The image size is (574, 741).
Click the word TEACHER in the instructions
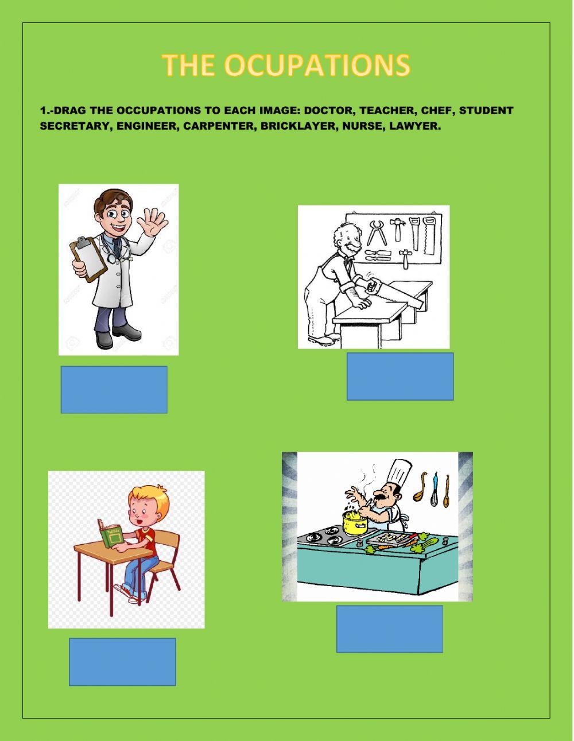click(x=387, y=110)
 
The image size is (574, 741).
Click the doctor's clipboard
click(x=88, y=259)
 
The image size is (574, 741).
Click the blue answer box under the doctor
click(x=114, y=390)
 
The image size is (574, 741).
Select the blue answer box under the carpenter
click(x=400, y=377)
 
